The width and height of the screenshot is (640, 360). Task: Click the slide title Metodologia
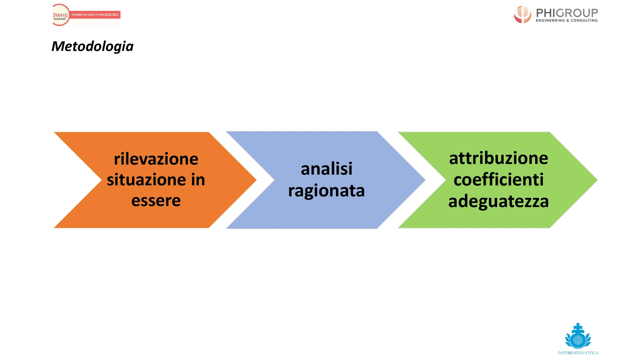92,46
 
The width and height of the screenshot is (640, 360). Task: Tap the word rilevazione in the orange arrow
156,159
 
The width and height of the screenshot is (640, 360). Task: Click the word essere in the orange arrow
156,201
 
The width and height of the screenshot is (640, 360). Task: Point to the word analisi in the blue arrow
327,169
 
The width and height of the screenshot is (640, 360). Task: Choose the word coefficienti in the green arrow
499,179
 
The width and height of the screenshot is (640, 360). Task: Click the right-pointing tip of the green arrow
597,180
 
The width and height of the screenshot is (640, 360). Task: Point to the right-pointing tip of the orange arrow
256,180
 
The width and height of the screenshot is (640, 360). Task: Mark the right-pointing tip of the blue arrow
425,180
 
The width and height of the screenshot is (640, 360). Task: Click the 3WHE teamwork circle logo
61,15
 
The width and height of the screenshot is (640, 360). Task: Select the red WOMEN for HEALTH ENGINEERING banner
95,15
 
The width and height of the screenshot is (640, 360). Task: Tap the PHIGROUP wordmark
567,13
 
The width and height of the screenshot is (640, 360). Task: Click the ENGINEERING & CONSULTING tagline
567,21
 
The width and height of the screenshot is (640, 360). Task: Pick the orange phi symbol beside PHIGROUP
522,14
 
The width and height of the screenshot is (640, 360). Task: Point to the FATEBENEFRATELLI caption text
578,353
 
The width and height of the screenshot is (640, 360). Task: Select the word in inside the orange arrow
198,180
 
